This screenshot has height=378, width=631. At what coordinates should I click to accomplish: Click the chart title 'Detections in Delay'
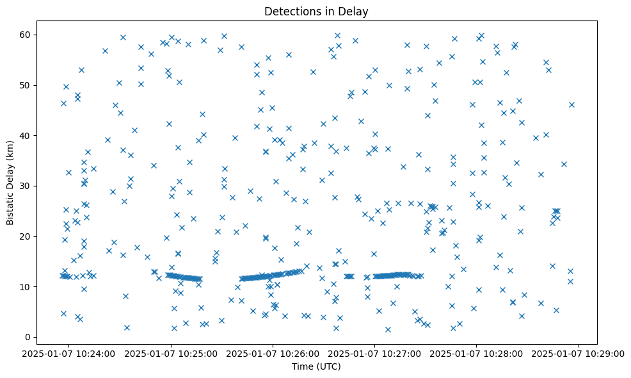click(316, 11)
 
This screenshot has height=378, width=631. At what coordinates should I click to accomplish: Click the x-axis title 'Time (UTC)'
click(316, 366)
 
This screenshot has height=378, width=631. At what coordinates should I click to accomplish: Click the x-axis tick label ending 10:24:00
click(69, 353)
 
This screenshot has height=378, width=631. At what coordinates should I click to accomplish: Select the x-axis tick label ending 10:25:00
click(171, 353)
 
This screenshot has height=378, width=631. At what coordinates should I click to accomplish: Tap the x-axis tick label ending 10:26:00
click(273, 353)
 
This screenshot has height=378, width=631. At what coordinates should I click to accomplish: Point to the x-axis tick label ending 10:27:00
click(375, 353)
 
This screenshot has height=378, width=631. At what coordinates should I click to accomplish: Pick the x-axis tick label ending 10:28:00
click(477, 353)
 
